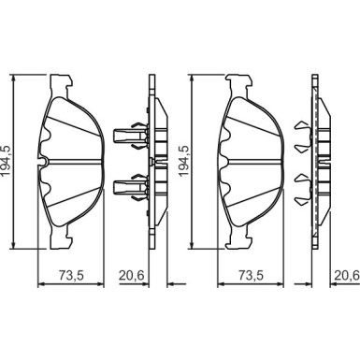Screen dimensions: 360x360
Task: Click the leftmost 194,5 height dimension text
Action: [x=7, y=161]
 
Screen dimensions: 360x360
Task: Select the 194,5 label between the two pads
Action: [x=183, y=161]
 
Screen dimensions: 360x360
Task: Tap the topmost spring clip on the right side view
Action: [x=302, y=126]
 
